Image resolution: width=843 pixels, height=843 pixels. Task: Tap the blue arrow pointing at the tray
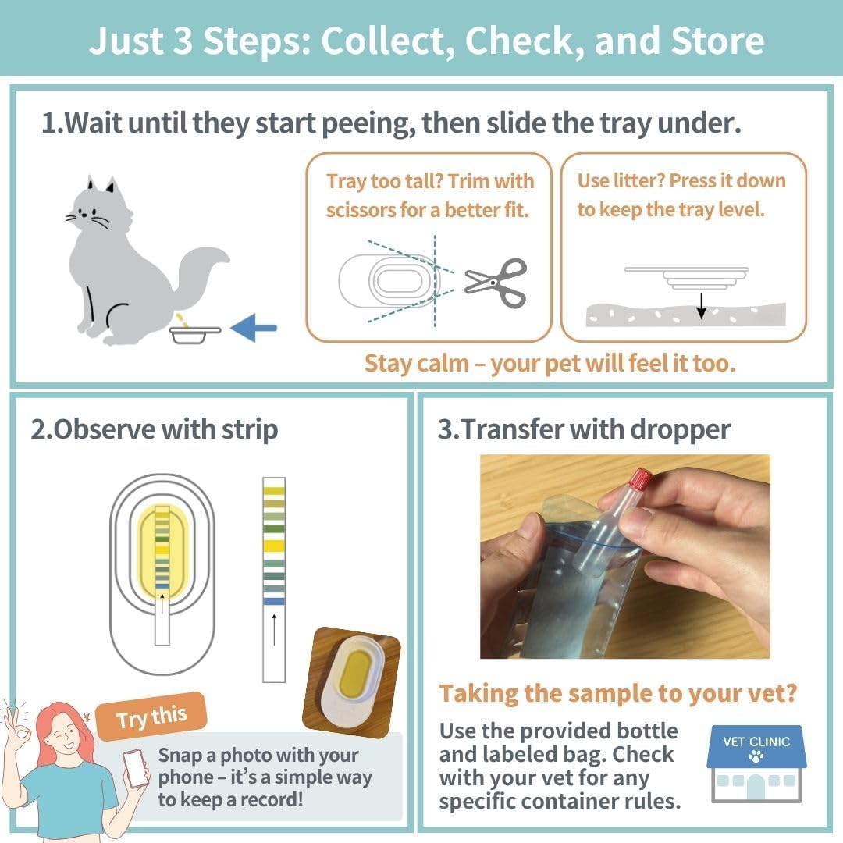[254, 328]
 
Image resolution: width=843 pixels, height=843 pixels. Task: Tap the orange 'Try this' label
[151, 717]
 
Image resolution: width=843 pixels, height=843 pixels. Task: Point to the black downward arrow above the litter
[701, 305]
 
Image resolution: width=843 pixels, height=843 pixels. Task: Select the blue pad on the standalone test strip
[274, 601]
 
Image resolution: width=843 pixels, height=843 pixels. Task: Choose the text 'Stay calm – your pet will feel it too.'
[550, 364]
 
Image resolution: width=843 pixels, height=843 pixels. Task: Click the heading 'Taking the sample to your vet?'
[617, 693]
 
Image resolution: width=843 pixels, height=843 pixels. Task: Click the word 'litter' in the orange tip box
[634, 181]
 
